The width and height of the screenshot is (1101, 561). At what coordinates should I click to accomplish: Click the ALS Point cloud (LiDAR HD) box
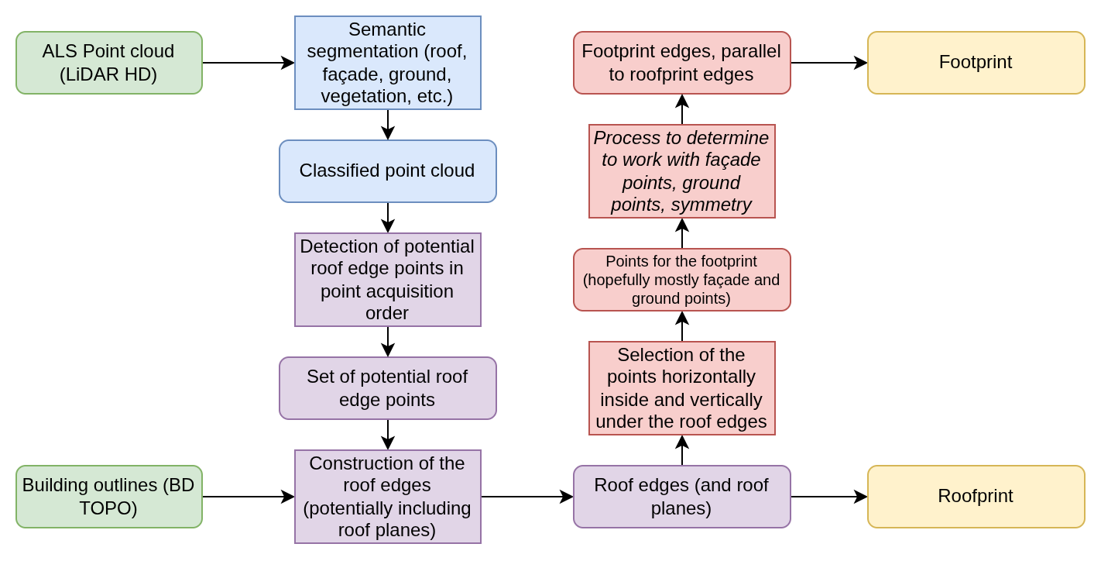109,63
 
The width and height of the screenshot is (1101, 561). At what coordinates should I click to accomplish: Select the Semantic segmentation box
388,63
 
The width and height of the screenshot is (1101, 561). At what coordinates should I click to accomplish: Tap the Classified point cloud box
388,171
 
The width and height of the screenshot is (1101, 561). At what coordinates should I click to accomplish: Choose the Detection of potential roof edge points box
388,280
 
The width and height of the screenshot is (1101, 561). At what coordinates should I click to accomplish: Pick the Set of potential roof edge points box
388,388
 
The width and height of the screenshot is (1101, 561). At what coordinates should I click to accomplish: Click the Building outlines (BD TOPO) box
109,497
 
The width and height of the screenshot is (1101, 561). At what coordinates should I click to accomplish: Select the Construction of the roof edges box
388,497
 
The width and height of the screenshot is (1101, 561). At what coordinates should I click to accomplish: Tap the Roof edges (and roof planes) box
682,497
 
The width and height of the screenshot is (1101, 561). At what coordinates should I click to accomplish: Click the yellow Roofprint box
976,497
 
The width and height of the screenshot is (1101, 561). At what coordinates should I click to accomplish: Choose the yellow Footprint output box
976,63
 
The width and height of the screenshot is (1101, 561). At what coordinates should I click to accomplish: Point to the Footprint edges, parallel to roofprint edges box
682,63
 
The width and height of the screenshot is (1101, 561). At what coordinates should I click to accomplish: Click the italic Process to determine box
682,171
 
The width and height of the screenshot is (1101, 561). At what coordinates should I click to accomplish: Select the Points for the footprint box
682,280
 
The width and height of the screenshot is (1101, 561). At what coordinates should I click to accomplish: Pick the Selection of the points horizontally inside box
682,388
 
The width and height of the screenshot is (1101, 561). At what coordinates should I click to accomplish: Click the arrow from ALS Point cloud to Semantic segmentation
248,63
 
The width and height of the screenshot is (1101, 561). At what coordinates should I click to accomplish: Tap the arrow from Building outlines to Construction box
248,497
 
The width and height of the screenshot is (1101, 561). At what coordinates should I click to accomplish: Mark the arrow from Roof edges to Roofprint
828,497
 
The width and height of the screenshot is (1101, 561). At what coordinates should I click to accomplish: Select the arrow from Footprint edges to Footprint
828,63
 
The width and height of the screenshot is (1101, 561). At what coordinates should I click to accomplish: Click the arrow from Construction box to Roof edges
526,497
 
